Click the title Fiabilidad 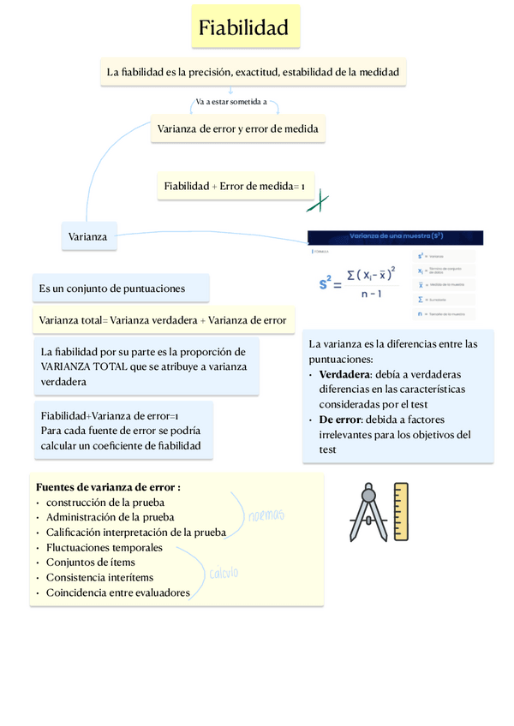click(244, 28)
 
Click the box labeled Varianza click(89, 236)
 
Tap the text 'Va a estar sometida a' click(231, 102)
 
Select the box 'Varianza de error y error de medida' click(238, 129)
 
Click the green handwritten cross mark click(318, 202)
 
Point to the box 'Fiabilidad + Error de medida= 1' click(235, 186)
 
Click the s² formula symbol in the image click(330, 281)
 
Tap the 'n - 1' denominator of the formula click(371, 294)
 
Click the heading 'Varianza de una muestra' click(396, 236)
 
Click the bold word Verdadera click(344, 374)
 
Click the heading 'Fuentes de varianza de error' click(108, 486)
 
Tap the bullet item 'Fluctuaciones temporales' click(105, 547)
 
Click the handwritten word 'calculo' click(224, 574)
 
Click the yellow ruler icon click(399, 512)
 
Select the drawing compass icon click(368, 514)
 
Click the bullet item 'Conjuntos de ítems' click(90, 562)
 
